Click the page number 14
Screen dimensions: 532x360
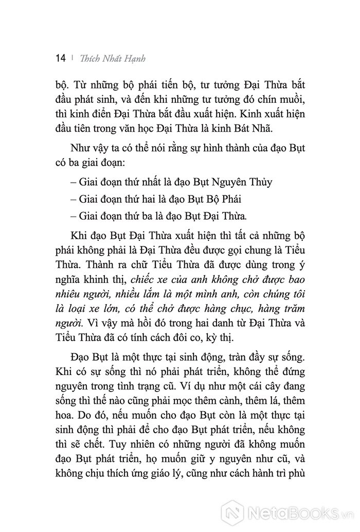pyautogui.click(x=59, y=58)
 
